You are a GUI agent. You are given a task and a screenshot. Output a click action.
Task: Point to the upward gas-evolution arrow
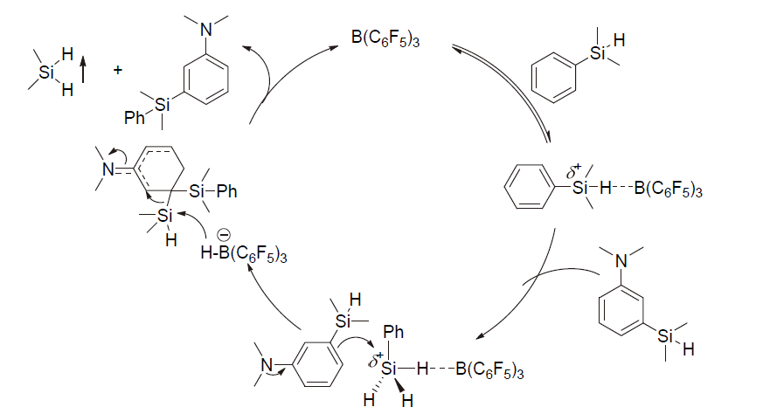(84, 68)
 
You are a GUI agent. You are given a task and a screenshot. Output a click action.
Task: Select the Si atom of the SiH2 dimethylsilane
(47, 72)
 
